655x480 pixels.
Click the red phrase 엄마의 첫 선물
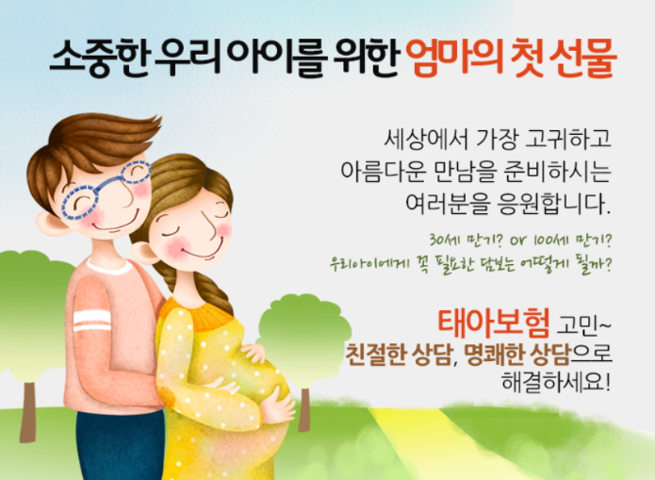(x=512, y=60)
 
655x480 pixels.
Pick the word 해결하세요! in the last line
(x=559, y=386)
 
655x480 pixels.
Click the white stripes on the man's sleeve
(x=91, y=320)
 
